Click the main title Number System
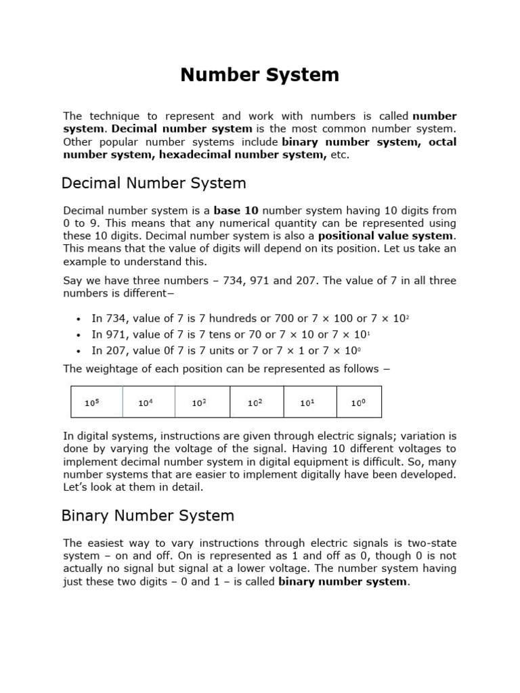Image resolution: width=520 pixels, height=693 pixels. (x=259, y=75)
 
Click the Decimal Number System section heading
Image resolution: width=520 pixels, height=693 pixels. (x=154, y=183)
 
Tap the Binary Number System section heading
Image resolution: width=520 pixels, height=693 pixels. (x=148, y=516)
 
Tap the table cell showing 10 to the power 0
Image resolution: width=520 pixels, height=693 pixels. (x=358, y=403)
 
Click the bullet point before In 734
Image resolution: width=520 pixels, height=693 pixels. (x=79, y=318)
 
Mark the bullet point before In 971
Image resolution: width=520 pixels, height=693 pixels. (x=79, y=335)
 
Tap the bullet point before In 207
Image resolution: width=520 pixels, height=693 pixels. (x=79, y=351)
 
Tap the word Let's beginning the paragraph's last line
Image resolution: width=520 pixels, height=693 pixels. (x=77, y=487)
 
